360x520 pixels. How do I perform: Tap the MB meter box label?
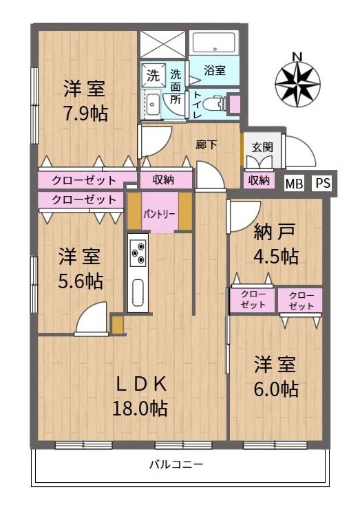click(x=295, y=184)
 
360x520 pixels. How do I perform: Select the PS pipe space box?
click(x=323, y=183)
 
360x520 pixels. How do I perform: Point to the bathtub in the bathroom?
click(x=214, y=43)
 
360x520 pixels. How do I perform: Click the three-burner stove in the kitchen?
click(x=138, y=252)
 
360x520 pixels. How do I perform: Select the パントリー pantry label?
click(x=159, y=214)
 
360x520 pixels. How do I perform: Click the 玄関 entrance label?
click(x=262, y=147)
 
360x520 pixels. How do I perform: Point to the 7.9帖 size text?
click(x=85, y=113)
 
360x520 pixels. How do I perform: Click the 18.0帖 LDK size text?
click(x=140, y=409)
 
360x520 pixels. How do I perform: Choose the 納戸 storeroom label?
click(x=275, y=232)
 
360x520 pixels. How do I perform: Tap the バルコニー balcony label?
click(x=176, y=464)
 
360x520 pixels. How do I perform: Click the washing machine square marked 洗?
click(x=153, y=75)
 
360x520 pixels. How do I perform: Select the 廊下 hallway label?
click(x=207, y=144)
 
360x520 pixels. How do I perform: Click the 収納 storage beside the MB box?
click(x=259, y=180)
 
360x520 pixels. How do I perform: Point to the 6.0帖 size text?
click(x=276, y=389)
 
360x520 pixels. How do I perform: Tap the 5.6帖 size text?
click(x=81, y=281)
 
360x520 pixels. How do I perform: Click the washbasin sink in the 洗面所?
click(x=153, y=104)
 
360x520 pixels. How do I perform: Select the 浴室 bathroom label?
click(x=215, y=70)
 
